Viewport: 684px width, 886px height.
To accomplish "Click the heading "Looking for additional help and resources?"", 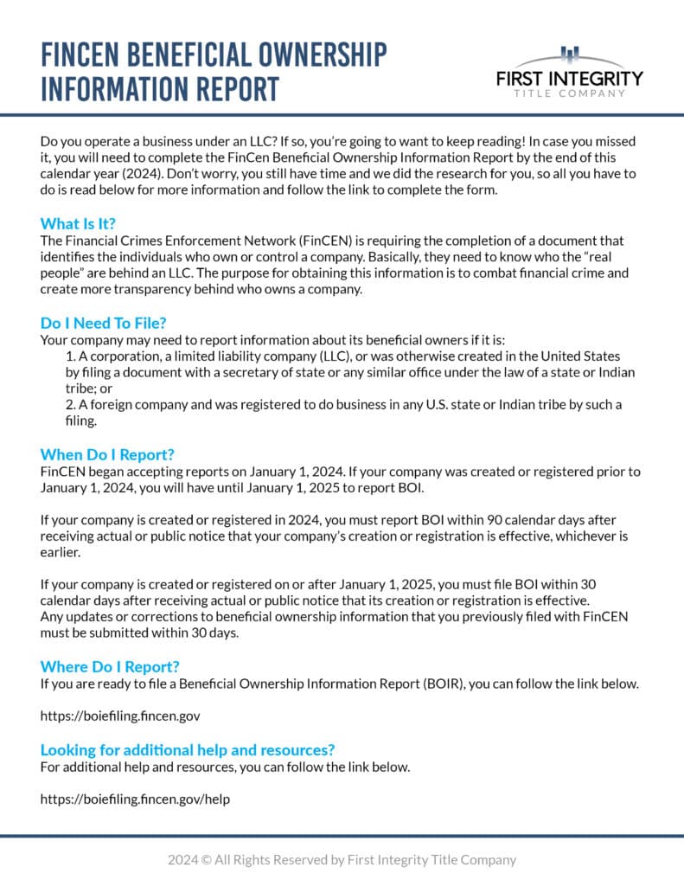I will click(x=187, y=749).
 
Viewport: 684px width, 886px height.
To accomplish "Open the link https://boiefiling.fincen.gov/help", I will click(x=135, y=799).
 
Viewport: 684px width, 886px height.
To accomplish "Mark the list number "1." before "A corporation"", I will click(x=71, y=356).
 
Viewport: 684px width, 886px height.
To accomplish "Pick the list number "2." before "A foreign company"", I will click(x=71, y=405).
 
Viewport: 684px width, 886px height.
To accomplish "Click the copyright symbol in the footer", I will click(x=205, y=860).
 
